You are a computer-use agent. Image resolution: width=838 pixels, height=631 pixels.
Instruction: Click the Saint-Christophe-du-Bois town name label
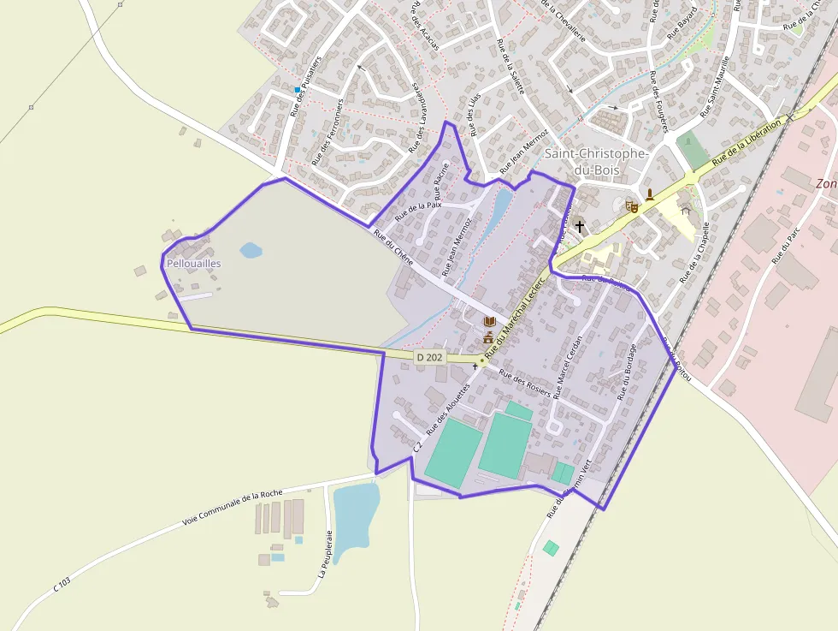pyautogui.click(x=597, y=161)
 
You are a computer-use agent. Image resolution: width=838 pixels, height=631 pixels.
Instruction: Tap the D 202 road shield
pyautogui.click(x=430, y=357)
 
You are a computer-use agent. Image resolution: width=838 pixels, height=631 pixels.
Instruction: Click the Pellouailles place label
pyautogui.click(x=193, y=264)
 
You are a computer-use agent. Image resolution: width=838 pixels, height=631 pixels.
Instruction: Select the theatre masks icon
pyautogui.click(x=632, y=206)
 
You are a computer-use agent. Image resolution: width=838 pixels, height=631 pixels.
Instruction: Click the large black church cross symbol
pyautogui.click(x=580, y=226)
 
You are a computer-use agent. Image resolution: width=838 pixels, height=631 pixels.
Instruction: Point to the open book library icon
pyautogui.click(x=489, y=322)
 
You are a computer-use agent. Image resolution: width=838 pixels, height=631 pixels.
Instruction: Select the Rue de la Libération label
pyautogui.click(x=747, y=142)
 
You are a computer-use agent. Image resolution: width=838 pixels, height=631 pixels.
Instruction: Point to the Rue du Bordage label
pyautogui.click(x=627, y=372)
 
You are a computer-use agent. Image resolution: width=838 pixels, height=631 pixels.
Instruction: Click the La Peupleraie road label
pyautogui.click(x=324, y=554)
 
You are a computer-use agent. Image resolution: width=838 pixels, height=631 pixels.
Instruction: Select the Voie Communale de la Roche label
pyautogui.click(x=233, y=509)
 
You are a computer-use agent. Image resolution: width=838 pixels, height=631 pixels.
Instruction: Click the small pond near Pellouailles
pyautogui.click(x=251, y=250)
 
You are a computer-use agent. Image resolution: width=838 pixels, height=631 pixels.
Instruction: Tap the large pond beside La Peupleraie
pyautogui.click(x=354, y=518)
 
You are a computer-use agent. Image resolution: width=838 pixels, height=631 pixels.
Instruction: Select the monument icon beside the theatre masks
pyautogui.click(x=650, y=193)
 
